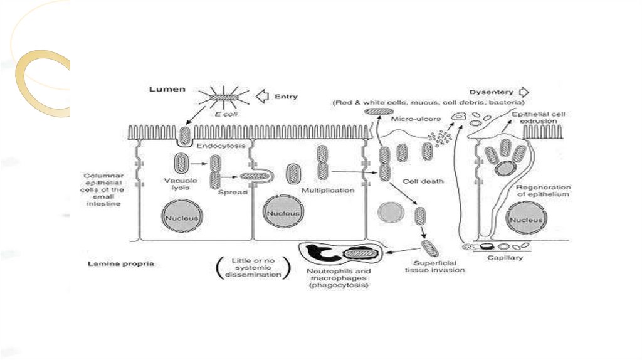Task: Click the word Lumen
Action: pyautogui.click(x=166, y=90)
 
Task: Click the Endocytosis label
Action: pyautogui.click(x=221, y=146)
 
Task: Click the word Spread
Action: pyautogui.click(x=233, y=192)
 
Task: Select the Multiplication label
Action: pyautogui.click(x=327, y=190)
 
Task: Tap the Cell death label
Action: pyautogui.click(x=423, y=182)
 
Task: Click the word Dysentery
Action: pyautogui.click(x=492, y=92)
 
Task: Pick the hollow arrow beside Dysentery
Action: pyautogui.click(x=524, y=92)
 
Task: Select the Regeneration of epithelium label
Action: pyautogui.click(x=543, y=191)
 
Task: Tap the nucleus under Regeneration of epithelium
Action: pyautogui.click(x=525, y=220)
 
